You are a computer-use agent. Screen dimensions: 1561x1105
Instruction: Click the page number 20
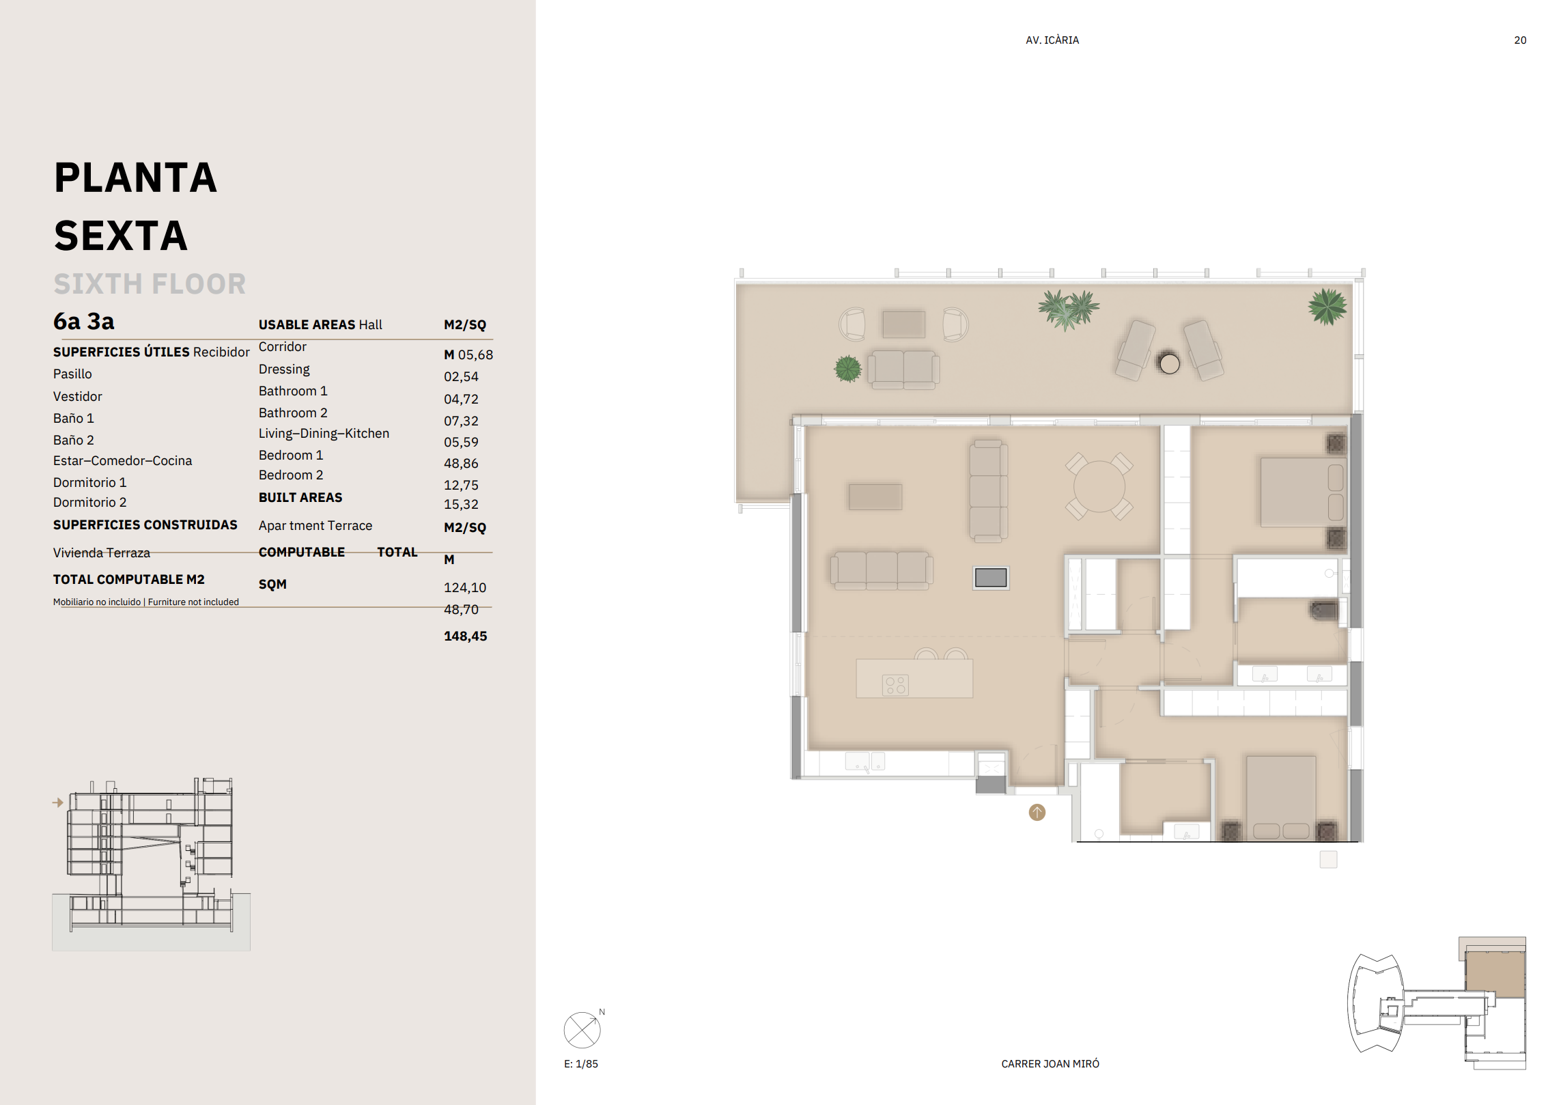point(1520,40)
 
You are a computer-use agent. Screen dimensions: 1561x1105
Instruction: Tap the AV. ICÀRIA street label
point(1052,40)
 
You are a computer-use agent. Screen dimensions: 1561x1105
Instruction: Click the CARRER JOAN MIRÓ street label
point(1050,1063)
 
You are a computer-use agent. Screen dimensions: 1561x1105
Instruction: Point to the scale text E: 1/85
point(581,1063)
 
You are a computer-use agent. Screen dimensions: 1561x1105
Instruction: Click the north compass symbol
point(582,1030)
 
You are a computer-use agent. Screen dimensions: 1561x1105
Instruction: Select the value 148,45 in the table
point(466,636)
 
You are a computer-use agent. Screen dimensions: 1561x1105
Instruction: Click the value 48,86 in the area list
point(461,463)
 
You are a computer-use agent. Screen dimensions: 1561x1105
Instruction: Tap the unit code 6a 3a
point(84,321)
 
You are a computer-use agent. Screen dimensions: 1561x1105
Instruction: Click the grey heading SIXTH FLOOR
point(150,283)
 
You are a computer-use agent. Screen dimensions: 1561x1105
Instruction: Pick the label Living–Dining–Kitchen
point(324,433)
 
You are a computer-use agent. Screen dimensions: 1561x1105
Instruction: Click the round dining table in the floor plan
point(1099,486)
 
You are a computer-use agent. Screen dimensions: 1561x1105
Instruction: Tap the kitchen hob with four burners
point(895,685)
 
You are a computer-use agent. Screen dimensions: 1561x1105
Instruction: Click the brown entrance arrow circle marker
point(1037,812)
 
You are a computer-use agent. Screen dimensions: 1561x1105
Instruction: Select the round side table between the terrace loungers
point(1169,363)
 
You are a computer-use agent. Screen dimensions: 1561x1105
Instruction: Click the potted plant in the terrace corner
point(1327,306)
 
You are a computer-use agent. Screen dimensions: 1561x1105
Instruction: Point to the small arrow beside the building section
point(58,802)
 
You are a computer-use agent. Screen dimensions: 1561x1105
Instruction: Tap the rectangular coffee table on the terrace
point(903,324)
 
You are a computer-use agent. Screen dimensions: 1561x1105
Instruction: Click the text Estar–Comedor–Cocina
point(123,460)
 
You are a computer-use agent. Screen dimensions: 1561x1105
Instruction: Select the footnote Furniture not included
point(193,602)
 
